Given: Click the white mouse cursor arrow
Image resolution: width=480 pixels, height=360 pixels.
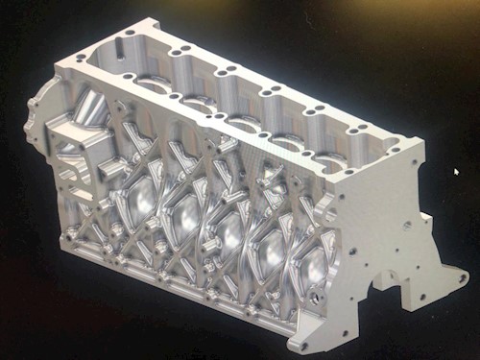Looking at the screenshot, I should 456,173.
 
